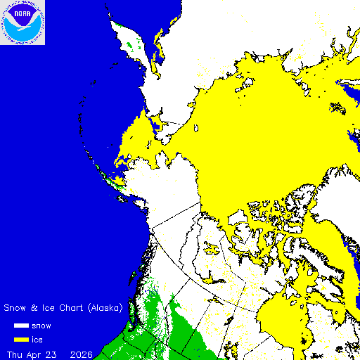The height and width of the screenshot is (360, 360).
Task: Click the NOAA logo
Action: tap(22, 22)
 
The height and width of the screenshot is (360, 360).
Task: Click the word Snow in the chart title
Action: tap(15, 308)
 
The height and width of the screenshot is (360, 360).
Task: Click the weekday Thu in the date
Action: tap(15, 352)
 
